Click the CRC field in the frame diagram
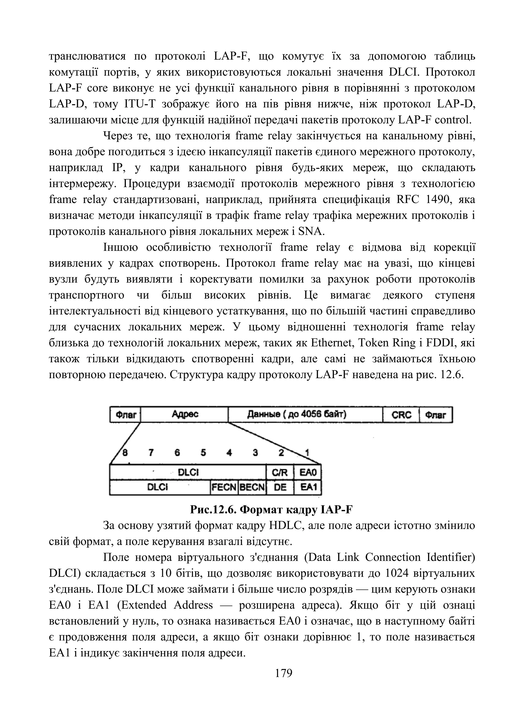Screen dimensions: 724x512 point(401,414)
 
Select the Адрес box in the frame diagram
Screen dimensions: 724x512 point(184,414)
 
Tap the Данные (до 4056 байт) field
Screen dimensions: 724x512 point(305,414)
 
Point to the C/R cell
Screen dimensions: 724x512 point(280,472)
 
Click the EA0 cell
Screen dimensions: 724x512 point(308,472)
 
